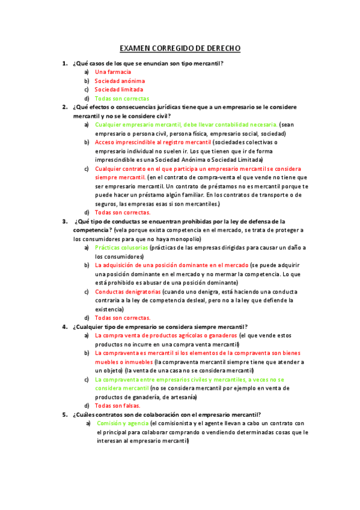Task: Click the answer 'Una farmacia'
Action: [x=113, y=72]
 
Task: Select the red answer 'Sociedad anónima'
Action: [x=120, y=81]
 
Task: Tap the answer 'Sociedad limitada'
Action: [x=119, y=90]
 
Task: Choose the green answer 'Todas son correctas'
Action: [x=122, y=99]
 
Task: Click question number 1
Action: [x=64, y=63]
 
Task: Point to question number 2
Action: [x=64, y=107]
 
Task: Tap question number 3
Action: [x=64, y=221]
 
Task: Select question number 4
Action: [x=64, y=327]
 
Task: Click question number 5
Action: [x=64, y=414]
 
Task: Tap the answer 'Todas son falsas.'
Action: [x=118, y=405]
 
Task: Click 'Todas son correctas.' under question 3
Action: [x=123, y=318]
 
